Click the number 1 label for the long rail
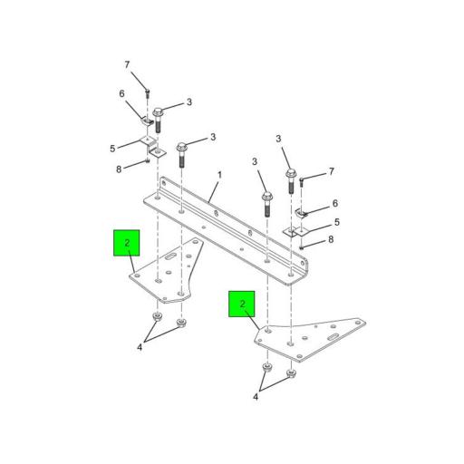tap(218, 175)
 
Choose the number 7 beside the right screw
tap(331, 171)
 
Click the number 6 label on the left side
tap(121, 93)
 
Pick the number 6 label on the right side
tap(334, 204)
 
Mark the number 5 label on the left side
tap(113, 148)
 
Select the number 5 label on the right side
tap(336, 222)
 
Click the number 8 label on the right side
tap(331, 239)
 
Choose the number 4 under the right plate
tap(256, 396)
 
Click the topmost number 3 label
tap(188, 102)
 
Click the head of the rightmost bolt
tap(291, 171)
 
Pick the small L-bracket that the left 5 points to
tap(150, 144)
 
